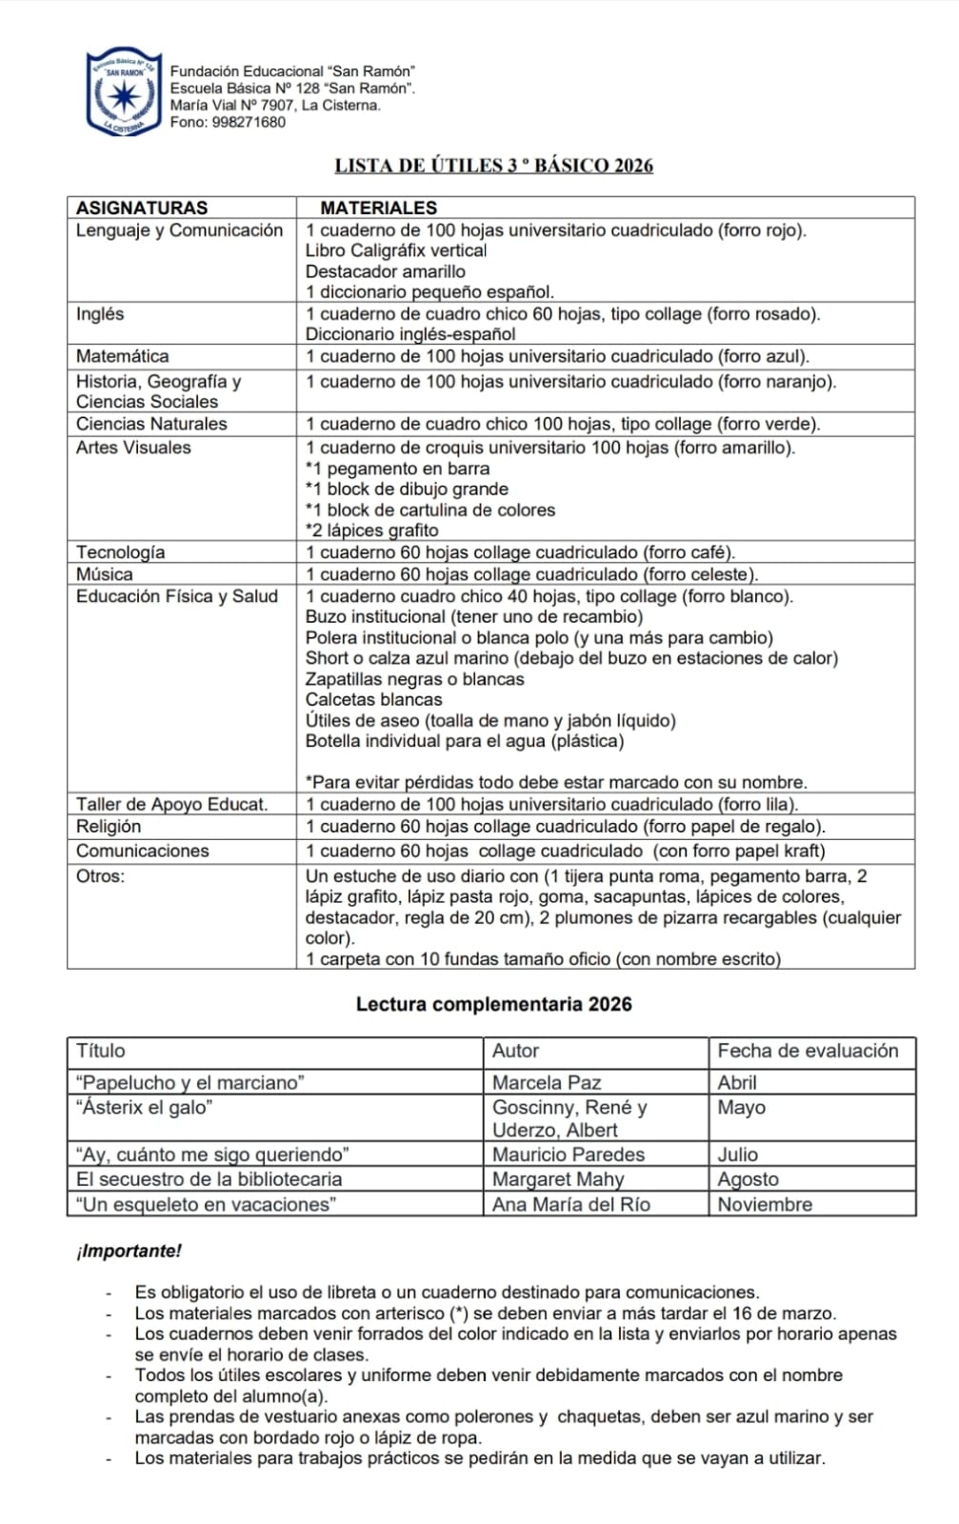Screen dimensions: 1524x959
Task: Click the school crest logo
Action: [123, 93]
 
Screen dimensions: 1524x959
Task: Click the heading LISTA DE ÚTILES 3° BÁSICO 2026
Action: [493, 166]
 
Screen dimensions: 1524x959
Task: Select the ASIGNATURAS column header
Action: [142, 208]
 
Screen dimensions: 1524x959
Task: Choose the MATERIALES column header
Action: [378, 208]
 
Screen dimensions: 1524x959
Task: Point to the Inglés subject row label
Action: [100, 314]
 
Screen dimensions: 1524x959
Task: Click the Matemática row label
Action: [122, 356]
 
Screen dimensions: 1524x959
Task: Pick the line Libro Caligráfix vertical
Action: [395, 251]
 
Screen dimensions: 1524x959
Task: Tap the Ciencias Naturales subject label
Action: [151, 424]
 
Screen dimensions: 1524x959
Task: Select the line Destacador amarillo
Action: [385, 271]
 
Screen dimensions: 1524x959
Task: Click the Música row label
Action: [105, 574]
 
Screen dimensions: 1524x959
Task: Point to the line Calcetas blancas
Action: [373, 700]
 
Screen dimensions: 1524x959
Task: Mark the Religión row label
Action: [109, 827]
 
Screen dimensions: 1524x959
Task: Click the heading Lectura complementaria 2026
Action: [493, 1004]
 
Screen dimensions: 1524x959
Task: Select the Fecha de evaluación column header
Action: [808, 1051]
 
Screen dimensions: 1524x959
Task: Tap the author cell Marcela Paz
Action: [546, 1082]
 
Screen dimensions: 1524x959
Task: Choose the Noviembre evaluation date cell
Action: [765, 1204]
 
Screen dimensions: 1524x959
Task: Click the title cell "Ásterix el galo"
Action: [144, 1107]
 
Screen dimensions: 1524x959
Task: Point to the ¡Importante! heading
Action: [129, 1251]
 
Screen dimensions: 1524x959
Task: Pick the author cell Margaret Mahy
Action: [557, 1179]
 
